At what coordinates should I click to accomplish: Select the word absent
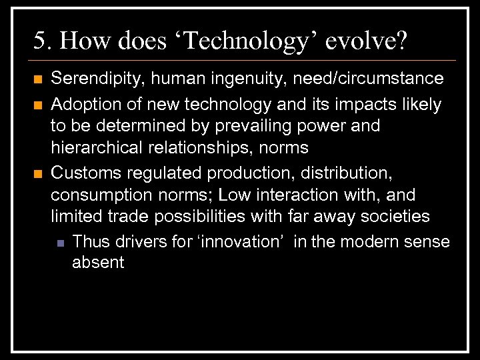click(x=98, y=263)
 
